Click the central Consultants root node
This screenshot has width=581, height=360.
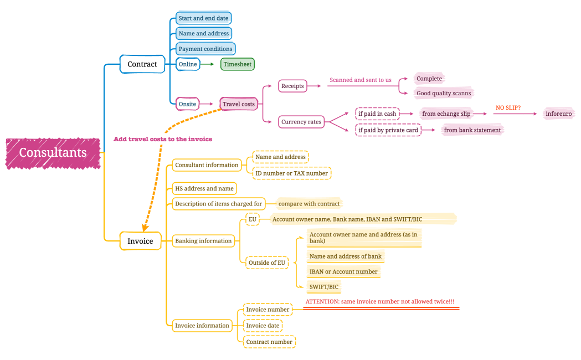53,153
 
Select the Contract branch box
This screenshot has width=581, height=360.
142,64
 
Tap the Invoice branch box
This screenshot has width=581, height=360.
141,241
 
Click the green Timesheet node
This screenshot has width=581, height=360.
238,64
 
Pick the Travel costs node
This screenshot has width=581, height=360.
239,104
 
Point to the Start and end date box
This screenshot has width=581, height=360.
203,18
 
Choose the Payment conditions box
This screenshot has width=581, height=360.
205,49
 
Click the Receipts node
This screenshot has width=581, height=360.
292,86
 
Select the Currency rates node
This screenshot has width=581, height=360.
301,122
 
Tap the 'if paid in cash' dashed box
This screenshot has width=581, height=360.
377,114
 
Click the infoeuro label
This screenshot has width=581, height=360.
558,114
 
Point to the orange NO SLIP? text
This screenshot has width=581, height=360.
508,107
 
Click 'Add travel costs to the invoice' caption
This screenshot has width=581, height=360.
163,139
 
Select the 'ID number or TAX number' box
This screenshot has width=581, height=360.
292,173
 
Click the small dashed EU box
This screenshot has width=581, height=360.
253,219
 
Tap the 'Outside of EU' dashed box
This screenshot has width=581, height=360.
267,263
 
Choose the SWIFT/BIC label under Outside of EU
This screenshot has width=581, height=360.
324,287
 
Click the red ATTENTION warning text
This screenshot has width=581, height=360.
380,302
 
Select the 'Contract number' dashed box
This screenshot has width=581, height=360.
269,342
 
